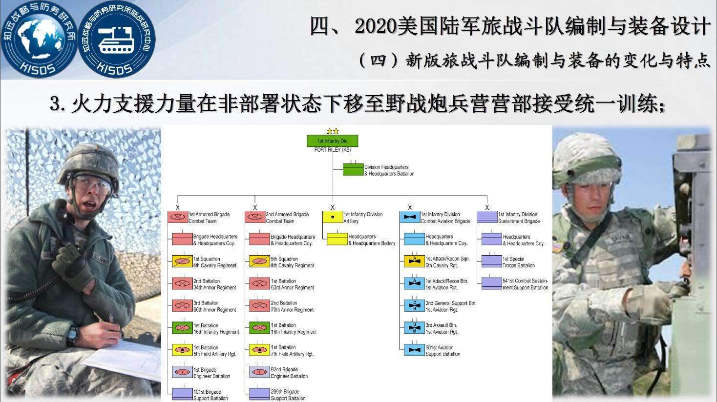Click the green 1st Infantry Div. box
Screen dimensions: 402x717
point(332,141)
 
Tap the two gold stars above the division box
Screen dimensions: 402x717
point(332,131)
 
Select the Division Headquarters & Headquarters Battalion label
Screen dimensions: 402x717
point(389,170)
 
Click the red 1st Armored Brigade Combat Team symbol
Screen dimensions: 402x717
point(178,217)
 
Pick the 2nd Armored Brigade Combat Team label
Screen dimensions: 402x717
point(287,218)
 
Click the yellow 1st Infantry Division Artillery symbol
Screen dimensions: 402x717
point(333,217)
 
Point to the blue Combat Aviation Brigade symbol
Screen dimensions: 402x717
point(410,217)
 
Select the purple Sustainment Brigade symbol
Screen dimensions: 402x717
point(487,217)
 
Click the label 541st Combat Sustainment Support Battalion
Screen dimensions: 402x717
point(525,284)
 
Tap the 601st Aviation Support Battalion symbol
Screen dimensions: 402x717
point(414,350)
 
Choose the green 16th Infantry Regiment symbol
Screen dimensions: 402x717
point(182,328)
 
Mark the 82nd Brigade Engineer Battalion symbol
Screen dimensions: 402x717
point(259,372)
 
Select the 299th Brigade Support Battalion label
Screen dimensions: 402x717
point(288,395)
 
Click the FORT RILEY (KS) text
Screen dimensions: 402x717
point(332,150)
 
